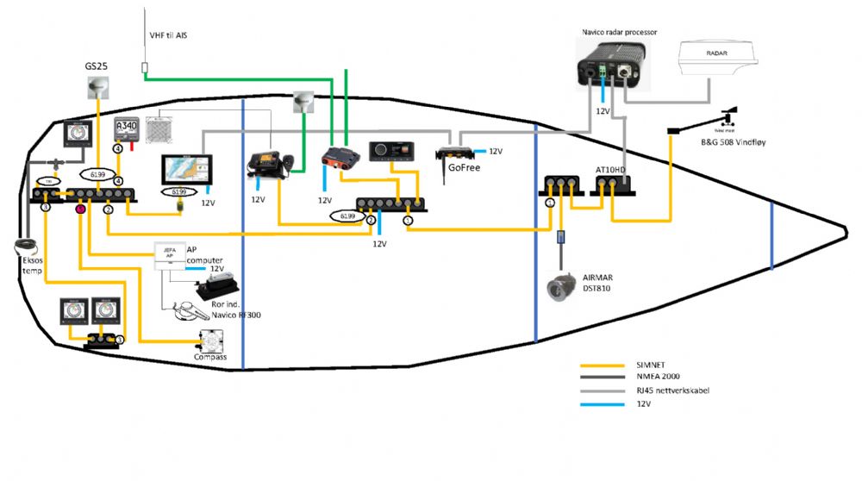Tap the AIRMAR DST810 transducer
coord(561,287)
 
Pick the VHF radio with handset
coord(270,163)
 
